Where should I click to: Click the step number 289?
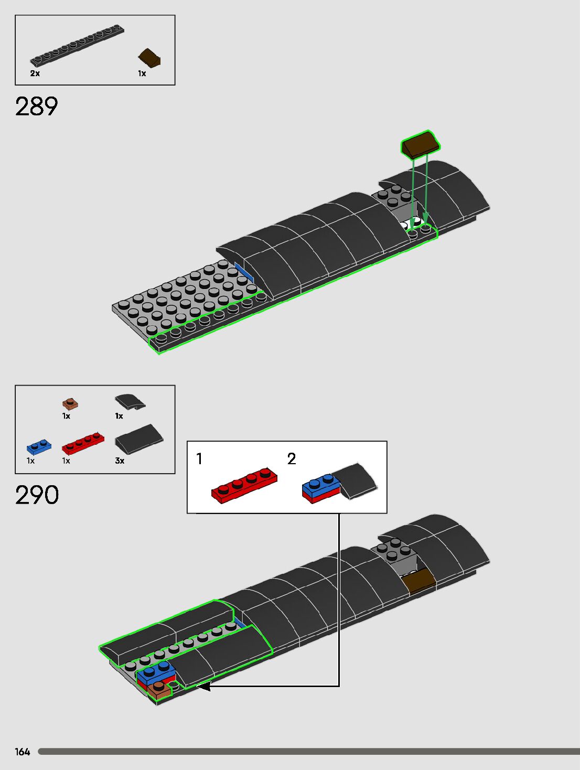(x=37, y=107)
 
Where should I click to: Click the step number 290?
(x=37, y=495)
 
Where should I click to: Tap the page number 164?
(x=23, y=752)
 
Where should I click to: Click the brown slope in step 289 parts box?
(x=149, y=57)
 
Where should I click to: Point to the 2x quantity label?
(x=35, y=73)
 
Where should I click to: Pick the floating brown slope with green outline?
(x=421, y=143)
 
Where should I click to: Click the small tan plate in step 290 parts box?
(x=70, y=404)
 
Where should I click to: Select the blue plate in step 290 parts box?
(x=39, y=447)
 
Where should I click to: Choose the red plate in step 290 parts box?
(x=83, y=443)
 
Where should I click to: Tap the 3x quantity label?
(x=120, y=461)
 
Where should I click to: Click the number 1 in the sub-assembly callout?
(x=199, y=459)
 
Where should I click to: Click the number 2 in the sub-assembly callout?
(x=292, y=459)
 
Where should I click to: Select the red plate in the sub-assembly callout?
(x=244, y=486)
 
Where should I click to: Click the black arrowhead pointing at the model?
(x=203, y=686)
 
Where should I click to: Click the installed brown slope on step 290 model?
(x=418, y=581)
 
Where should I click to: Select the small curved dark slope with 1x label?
(x=130, y=402)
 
